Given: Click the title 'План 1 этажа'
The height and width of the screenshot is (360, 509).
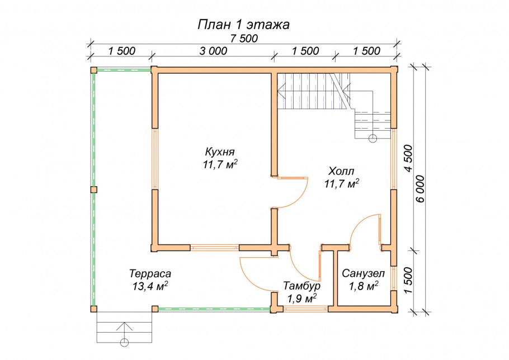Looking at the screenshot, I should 243,25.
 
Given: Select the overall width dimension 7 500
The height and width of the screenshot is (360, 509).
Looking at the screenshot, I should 244,39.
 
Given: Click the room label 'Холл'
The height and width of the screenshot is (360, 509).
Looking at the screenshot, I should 341,170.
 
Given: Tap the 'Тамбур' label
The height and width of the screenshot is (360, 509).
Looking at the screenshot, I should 301,286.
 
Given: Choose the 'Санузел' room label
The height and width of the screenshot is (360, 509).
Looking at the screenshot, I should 363,274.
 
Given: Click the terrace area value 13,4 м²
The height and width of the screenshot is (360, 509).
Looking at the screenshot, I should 149,286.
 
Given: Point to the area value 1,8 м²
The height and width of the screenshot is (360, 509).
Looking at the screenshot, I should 363,286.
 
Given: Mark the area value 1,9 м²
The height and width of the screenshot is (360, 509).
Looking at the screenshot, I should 301,298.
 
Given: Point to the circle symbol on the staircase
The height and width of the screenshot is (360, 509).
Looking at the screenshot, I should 373,137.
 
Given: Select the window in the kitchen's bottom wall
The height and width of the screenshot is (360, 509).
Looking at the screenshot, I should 215,247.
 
